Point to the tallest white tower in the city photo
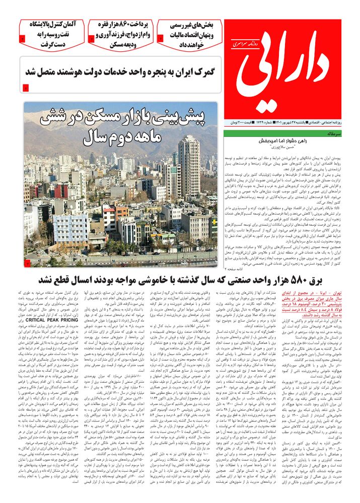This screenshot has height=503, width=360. point(189,166)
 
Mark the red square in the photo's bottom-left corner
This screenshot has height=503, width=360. point(27,263)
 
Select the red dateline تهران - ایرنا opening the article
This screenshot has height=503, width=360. point(330,293)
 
